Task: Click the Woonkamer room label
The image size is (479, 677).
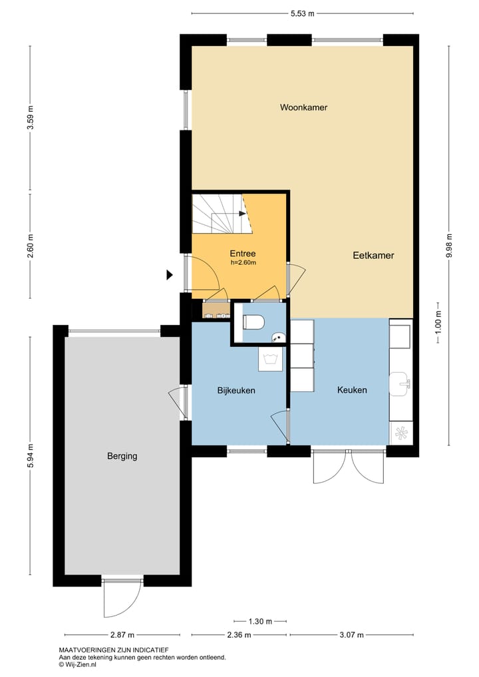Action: tap(303, 107)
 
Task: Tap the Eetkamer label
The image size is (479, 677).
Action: tap(373, 255)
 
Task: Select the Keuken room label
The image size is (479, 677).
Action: tap(352, 390)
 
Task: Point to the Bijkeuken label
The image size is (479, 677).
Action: tap(236, 390)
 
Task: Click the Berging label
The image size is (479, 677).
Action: tap(122, 456)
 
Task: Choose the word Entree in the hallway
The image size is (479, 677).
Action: tap(243, 253)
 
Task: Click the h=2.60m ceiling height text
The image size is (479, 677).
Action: tap(243, 262)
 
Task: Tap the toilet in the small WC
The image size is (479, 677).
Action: tap(253, 323)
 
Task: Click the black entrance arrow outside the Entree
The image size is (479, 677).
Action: tap(170, 274)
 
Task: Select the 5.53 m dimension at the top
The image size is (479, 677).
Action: tap(303, 13)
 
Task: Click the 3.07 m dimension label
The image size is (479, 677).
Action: tap(351, 634)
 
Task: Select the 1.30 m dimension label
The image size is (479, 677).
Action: tap(259, 622)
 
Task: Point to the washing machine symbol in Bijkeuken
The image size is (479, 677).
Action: tap(271, 360)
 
